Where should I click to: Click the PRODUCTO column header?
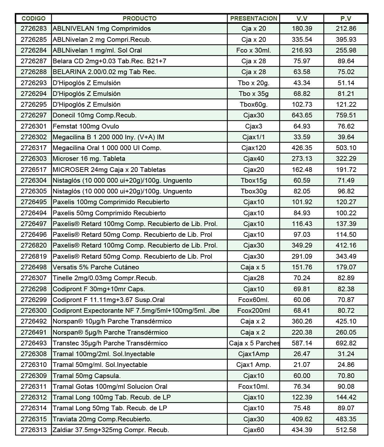click(x=139, y=18)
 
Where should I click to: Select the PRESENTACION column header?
click(x=253, y=18)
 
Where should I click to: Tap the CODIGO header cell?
click(x=34, y=18)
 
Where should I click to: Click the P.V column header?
click(x=346, y=18)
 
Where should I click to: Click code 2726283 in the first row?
click(x=34, y=28)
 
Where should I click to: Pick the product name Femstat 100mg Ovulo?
click(x=86, y=126)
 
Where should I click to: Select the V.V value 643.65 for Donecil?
click(x=302, y=115)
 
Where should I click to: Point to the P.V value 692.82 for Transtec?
click(x=346, y=343)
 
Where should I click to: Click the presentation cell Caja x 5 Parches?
click(x=254, y=343)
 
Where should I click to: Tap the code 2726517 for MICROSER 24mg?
click(x=34, y=170)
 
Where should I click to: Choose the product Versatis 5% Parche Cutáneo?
click(x=96, y=267)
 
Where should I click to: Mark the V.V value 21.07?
click(x=302, y=365)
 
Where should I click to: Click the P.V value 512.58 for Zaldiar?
click(x=346, y=430)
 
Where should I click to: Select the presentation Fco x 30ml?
click(x=253, y=50)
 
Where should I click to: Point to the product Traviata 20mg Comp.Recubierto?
click(x=102, y=419)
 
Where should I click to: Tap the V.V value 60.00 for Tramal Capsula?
click(x=302, y=376)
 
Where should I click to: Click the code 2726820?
click(x=34, y=245)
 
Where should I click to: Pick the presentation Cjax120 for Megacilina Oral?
click(x=253, y=148)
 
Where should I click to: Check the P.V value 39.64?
click(x=346, y=137)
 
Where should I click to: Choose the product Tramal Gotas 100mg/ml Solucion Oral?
click(x=110, y=387)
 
